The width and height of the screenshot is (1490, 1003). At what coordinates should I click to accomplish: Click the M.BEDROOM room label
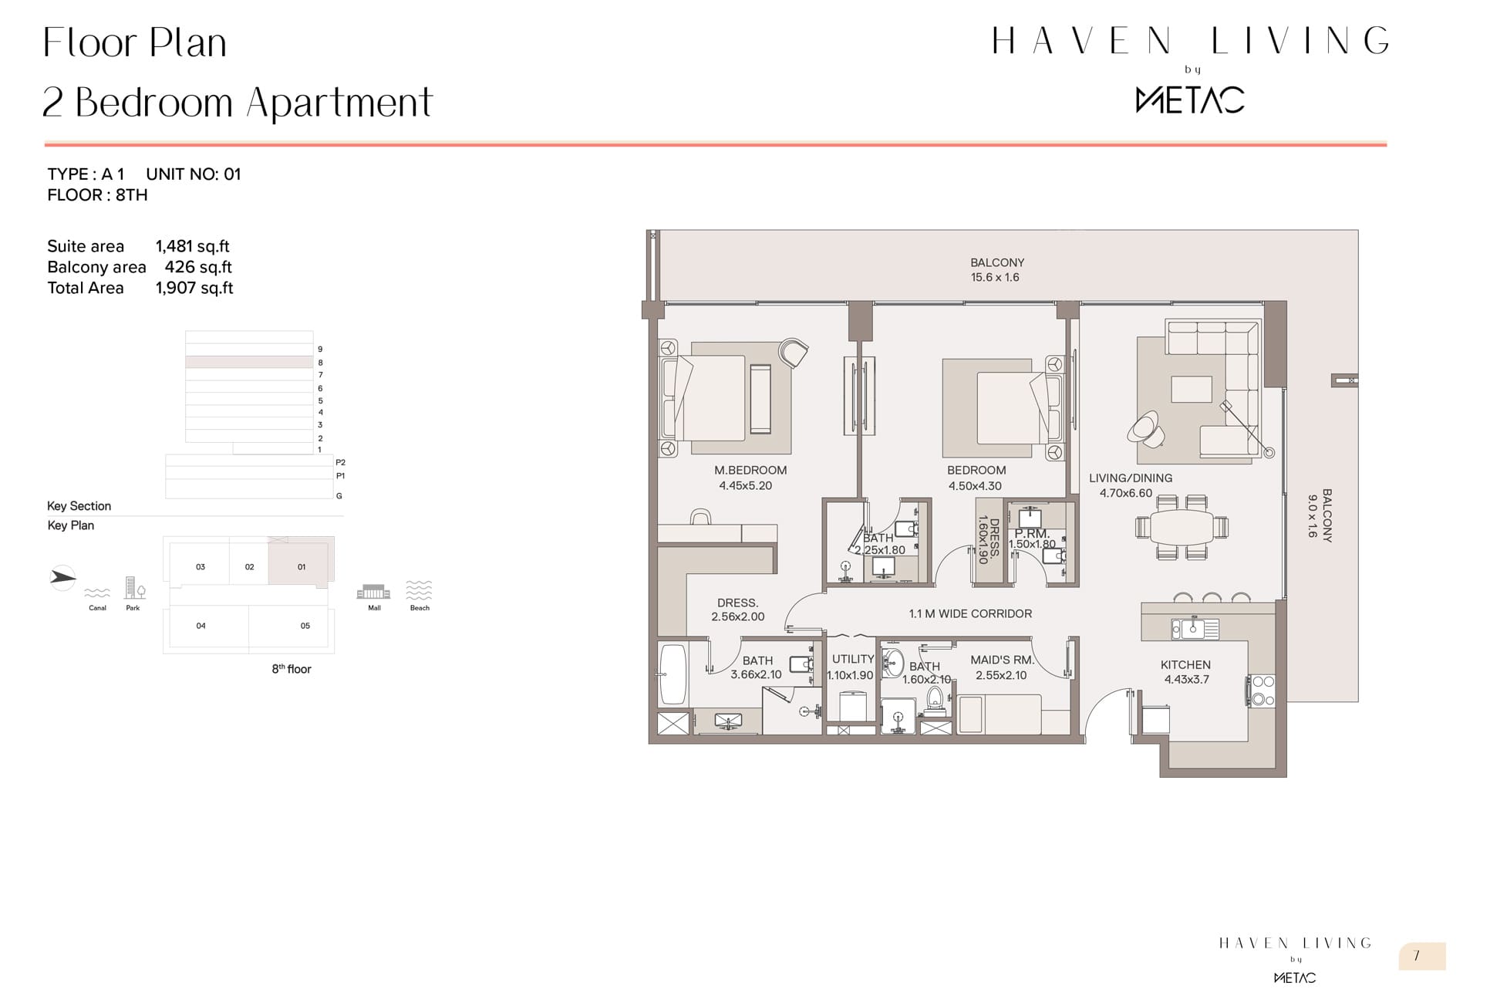(x=750, y=470)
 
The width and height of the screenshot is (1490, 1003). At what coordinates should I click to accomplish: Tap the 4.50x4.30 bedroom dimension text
(x=975, y=485)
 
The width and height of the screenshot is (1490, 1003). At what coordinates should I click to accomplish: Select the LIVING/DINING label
(x=1130, y=478)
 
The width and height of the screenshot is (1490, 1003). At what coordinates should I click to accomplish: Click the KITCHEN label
(x=1185, y=664)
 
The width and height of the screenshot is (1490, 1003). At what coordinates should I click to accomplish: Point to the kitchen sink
(x=1195, y=629)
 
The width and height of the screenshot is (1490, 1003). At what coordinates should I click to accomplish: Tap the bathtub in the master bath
(x=673, y=674)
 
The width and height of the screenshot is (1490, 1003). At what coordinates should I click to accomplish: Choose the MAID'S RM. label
(x=1002, y=660)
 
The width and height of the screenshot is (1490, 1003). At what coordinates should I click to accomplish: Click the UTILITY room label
(x=852, y=659)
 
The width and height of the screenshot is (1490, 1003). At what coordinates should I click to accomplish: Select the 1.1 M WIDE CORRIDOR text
(x=970, y=614)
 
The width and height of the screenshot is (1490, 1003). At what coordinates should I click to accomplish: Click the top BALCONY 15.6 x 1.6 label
(x=996, y=270)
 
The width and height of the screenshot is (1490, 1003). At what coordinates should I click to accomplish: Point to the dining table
(x=1182, y=527)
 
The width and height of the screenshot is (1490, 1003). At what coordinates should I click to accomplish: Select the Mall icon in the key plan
(x=373, y=592)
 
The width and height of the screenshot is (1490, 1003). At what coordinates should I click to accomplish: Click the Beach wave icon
(x=419, y=590)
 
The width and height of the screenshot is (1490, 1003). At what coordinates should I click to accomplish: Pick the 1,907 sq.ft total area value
(x=194, y=288)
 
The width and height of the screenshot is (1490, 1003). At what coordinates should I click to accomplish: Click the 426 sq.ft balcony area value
(x=198, y=267)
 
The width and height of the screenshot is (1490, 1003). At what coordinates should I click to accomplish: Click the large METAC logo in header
(x=1190, y=100)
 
